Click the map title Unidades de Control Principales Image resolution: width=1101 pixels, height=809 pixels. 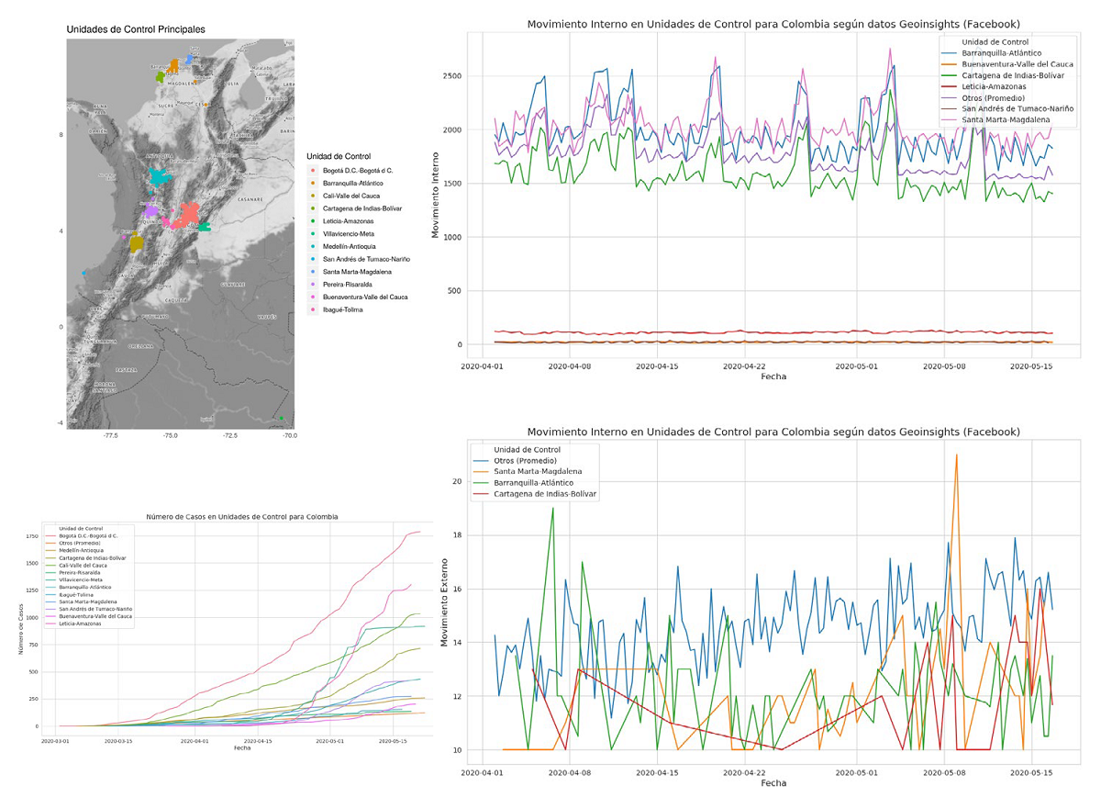click(x=136, y=29)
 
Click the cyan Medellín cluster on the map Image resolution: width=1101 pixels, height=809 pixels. click(x=161, y=176)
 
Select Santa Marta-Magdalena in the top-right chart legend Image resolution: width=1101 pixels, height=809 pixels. click(x=1006, y=120)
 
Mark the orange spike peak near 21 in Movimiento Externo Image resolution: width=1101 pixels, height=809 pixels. click(x=956, y=455)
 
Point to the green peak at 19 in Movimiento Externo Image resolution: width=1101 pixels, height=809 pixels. click(x=552, y=508)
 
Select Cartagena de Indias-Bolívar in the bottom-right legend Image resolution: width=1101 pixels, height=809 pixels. click(x=545, y=494)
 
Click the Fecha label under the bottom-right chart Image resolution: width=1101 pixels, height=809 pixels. click(x=773, y=783)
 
